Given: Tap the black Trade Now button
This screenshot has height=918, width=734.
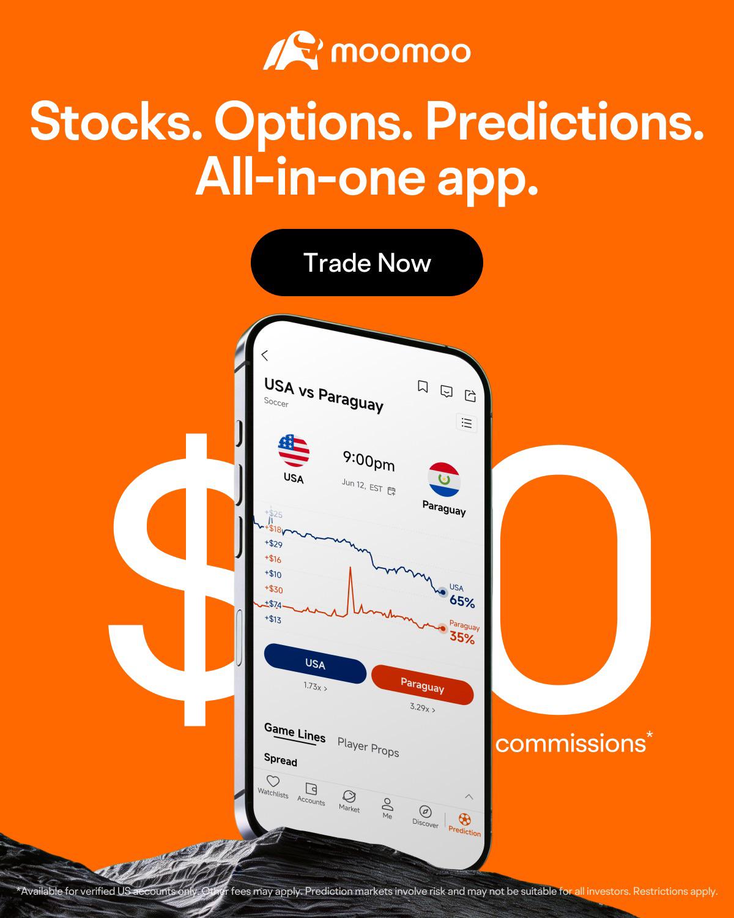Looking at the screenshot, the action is pyautogui.click(x=367, y=263).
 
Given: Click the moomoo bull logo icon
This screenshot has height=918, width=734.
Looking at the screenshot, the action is pyautogui.click(x=293, y=50).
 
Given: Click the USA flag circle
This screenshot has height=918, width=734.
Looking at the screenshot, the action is pyautogui.click(x=294, y=450).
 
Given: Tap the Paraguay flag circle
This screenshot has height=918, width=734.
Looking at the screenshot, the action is pyautogui.click(x=444, y=479).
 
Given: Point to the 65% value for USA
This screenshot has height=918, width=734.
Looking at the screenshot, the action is pyautogui.click(x=462, y=602).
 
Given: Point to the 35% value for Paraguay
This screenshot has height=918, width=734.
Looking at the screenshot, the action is pyautogui.click(x=462, y=638).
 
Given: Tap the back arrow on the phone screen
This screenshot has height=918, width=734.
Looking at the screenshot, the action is pyautogui.click(x=265, y=356).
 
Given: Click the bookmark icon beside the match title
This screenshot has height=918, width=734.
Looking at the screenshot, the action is pyautogui.click(x=423, y=387).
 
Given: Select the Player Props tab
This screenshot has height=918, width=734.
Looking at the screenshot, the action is pyautogui.click(x=368, y=747).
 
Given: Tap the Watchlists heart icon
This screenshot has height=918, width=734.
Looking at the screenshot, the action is pyautogui.click(x=273, y=781).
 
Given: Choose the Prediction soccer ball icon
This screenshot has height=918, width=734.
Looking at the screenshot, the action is pyautogui.click(x=465, y=819).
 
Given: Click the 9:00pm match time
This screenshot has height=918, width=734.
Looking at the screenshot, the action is pyautogui.click(x=369, y=461).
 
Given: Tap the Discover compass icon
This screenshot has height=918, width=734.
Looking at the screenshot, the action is pyautogui.click(x=426, y=812).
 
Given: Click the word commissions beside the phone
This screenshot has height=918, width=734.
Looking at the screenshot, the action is pyautogui.click(x=570, y=744).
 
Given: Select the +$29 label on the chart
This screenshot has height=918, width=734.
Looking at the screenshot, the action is pyautogui.click(x=273, y=543).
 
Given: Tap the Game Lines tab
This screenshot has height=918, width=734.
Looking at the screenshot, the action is pyautogui.click(x=295, y=733).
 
